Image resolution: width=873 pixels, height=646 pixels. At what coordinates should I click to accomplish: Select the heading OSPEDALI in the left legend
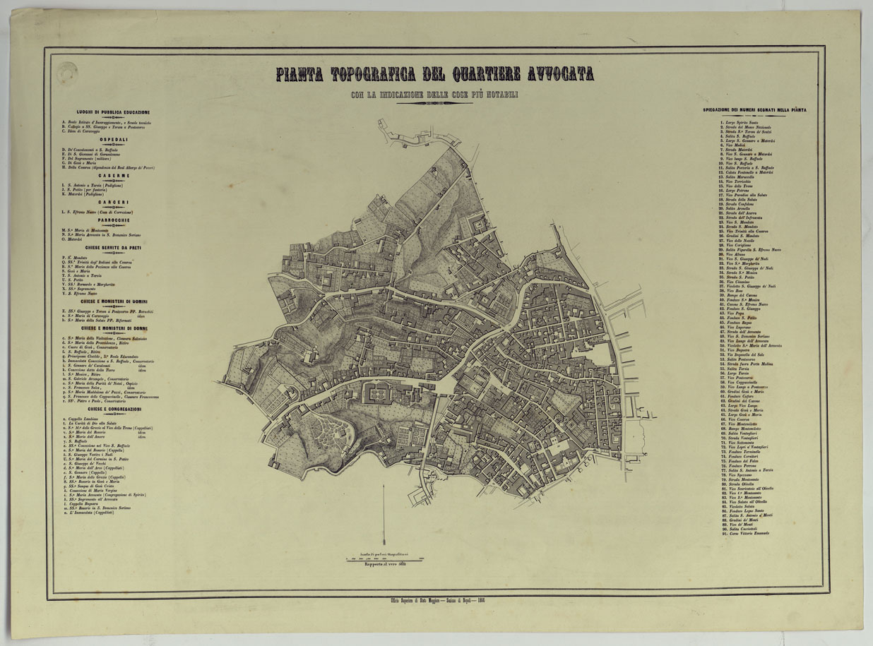[113, 140]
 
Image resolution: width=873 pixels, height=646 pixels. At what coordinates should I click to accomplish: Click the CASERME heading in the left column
[113, 175]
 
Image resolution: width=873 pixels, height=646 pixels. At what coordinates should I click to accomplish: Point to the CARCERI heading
[113, 203]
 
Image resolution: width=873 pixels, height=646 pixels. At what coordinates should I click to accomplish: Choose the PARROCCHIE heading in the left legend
[113, 220]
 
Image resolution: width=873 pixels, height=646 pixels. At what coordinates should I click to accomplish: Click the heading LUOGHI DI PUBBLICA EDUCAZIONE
[113, 112]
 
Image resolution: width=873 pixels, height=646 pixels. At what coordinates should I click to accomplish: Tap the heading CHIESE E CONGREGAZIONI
[113, 409]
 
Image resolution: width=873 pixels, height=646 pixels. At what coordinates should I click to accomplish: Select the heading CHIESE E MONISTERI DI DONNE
[113, 328]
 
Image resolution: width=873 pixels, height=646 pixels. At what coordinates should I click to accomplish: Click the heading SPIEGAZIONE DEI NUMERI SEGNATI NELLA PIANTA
[755, 110]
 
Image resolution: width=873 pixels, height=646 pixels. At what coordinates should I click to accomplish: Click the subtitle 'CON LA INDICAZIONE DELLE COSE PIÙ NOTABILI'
[434, 95]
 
